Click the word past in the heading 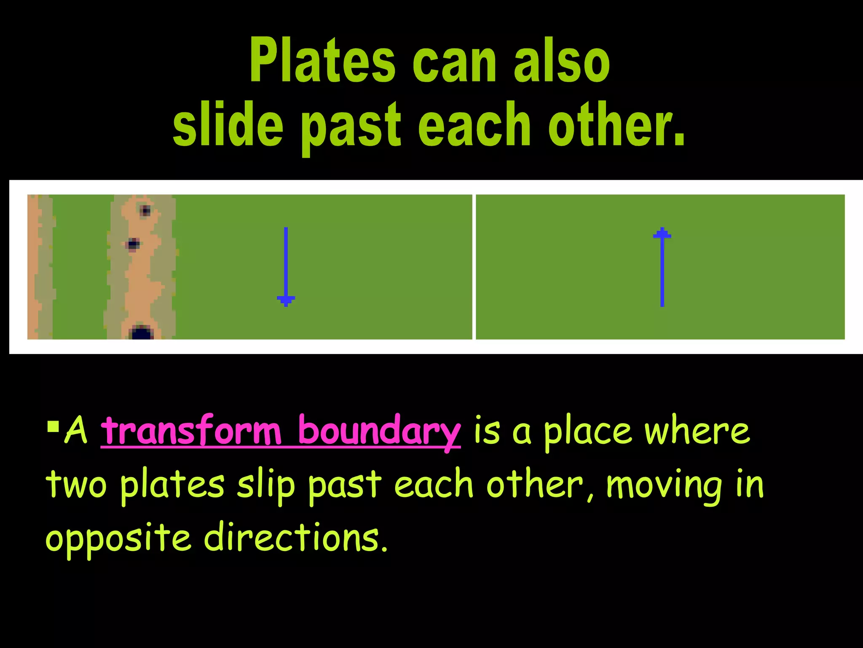coord(350,127)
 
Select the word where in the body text coord(697,431)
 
